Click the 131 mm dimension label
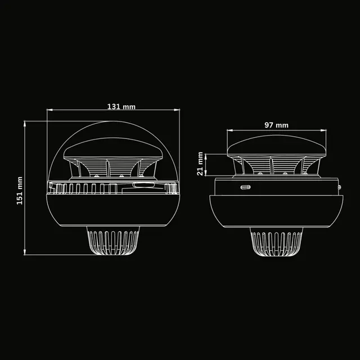tap(121, 107)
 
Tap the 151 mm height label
tap(20, 191)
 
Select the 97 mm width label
tap(276, 125)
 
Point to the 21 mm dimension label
tap(200, 164)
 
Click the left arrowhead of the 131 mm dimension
tap(49, 110)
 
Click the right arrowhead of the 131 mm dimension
tap(177, 110)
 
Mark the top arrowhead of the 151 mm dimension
tap(25, 124)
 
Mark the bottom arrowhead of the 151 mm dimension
tap(25, 252)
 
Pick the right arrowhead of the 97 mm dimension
tap(323, 130)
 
